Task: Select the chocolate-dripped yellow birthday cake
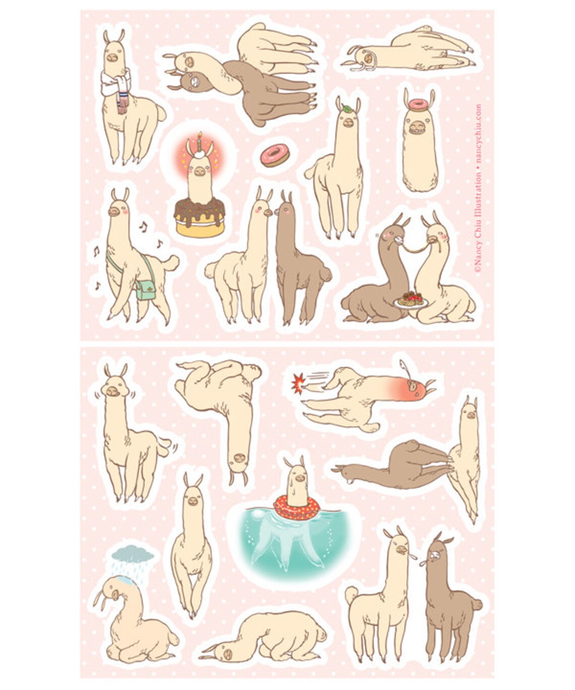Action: (x=200, y=218)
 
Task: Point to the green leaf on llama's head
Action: (x=348, y=107)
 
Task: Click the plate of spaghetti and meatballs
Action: (x=410, y=300)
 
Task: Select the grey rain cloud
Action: (x=133, y=554)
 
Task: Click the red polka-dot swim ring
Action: (x=298, y=506)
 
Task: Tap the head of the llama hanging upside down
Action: (x=237, y=459)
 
